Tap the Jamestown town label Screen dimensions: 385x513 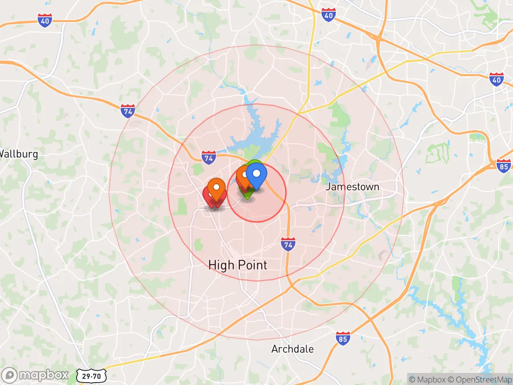[352, 186]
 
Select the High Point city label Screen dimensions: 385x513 [238, 265]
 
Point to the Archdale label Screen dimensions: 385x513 [293, 349]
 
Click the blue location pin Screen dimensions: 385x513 [256, 176]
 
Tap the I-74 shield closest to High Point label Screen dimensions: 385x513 [288, 244]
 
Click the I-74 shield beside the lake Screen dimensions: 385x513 [208, 158]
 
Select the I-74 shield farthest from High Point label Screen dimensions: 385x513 [128, 111]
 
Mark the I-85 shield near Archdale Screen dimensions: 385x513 [343, 338]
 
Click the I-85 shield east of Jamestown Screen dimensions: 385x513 [503, 166]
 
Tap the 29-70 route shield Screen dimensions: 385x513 [91, 376]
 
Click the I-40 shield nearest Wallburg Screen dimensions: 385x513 [45, 20]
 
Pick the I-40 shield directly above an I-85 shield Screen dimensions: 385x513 [497, 79]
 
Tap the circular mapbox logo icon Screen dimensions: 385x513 [9, 375]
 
